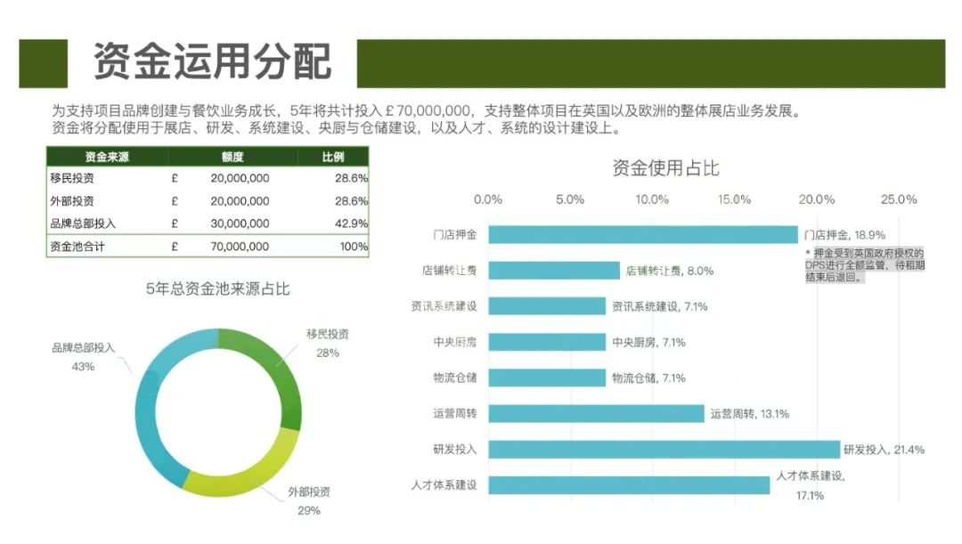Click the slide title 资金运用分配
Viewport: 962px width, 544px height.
212,62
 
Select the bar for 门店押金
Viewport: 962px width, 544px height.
642,235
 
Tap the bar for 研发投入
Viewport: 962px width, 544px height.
664,449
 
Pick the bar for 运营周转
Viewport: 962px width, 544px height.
596,413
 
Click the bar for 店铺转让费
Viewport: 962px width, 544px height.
553,271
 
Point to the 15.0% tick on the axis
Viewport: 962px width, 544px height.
734,199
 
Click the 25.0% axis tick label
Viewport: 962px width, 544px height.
898,199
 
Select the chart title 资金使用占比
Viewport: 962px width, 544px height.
665,167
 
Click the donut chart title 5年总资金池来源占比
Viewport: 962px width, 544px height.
217,289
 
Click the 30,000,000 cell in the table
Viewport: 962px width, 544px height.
240,223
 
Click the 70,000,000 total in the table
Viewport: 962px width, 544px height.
240,247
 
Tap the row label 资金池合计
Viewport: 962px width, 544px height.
77,247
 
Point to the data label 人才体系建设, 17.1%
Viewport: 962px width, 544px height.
810,485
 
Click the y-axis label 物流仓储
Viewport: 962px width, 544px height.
454,378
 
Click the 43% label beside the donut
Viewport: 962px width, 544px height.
83,366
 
